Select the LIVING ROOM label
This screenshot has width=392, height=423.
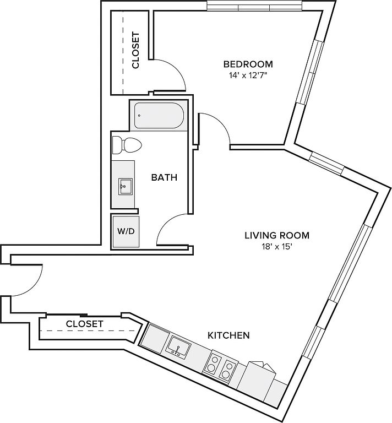tap(277, 236)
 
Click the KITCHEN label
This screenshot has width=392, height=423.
tap(228, 335)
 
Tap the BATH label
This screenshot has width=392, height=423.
tap(164, 177)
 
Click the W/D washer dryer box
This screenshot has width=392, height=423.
tap(126, 231)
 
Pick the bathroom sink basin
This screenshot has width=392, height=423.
tap(124, 186)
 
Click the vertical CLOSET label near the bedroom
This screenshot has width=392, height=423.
tap(135, 50)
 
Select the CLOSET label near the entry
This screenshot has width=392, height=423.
tap(85, 324)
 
